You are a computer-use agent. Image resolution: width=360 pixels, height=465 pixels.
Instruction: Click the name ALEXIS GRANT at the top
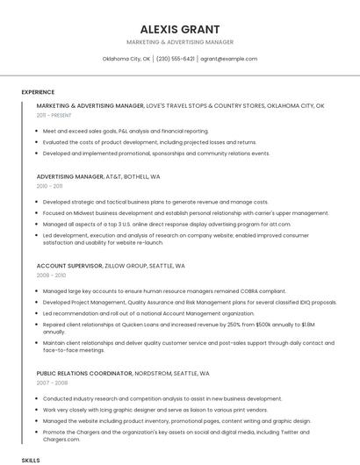click(179, 29)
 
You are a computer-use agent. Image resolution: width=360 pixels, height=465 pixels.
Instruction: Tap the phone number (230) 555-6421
click(176, 59)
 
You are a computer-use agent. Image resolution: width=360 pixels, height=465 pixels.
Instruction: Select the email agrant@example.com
click(228, 59)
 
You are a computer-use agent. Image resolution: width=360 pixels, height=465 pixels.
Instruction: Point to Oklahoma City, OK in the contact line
click(126, 59)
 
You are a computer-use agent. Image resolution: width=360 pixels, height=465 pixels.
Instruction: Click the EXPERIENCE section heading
click(38, 92)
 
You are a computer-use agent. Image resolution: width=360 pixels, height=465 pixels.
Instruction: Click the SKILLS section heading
click(31, 459)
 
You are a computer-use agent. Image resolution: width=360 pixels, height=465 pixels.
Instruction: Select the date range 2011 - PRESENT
click(54, 115)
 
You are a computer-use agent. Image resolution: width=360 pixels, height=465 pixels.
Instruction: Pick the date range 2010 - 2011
click(49, 186)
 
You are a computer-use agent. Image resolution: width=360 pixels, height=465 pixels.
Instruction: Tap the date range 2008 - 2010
click(50, 275)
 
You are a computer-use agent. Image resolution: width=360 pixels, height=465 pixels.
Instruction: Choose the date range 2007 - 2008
click(50, 383)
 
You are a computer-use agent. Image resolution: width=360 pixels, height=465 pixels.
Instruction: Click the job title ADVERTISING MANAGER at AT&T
click(70, 176)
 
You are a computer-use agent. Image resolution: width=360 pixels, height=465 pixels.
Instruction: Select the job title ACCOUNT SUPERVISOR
click(68, 265)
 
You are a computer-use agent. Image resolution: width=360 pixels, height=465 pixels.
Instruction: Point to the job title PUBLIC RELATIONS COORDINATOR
click(84, 373)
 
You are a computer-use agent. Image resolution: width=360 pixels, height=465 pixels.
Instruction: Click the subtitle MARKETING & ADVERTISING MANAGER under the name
click(179, 42)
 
